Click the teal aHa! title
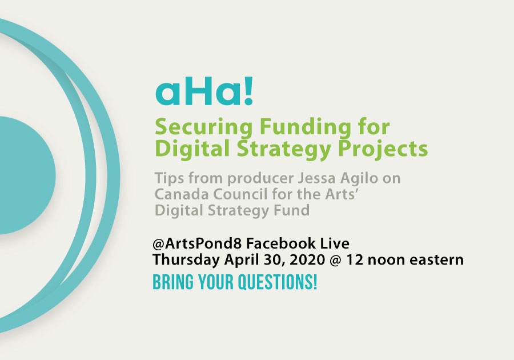(204, 91)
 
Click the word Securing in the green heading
(203, 128)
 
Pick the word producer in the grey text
(260, 179)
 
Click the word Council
(240, 194)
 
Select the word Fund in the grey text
(294, 210)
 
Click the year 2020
(307, 260)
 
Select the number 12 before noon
(354, 260)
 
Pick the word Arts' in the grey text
(341, 194)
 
